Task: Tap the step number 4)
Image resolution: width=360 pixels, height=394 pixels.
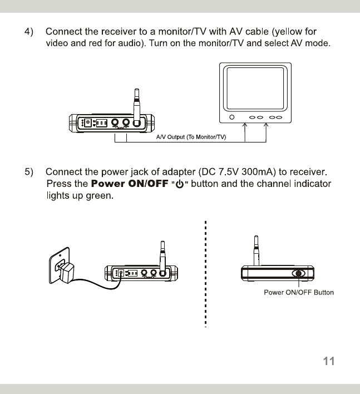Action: click(x=31, y=30)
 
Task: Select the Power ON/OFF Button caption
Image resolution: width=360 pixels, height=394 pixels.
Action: click(x=299, y=293)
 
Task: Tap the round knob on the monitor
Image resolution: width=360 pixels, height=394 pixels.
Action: click(x=233, y=118)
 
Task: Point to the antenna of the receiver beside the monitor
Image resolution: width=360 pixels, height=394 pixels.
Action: click(x=136, y=103)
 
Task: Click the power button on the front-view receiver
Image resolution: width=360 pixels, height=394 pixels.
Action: click(x=299, y=274)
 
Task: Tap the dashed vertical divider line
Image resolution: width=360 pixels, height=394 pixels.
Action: click(x=205, y=273)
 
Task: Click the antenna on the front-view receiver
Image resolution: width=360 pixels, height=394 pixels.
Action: click(x=256, y=250)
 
